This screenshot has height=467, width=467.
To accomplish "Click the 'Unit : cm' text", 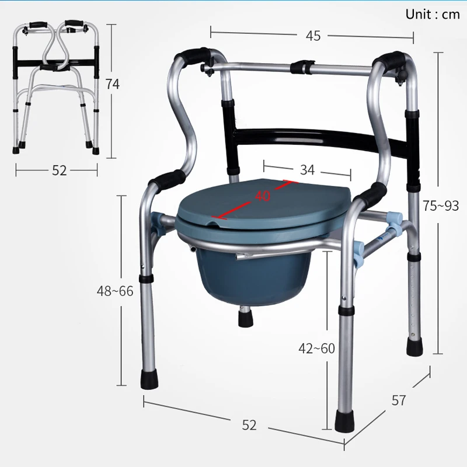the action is (433, 14).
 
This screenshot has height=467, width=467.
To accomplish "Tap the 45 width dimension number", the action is (313, 36).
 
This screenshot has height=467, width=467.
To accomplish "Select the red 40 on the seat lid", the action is (263, 196).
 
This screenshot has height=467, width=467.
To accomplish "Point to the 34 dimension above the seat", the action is (308, 170).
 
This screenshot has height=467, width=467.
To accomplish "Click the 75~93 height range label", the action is (441, 206).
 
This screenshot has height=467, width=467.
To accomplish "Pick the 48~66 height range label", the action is (115, 291).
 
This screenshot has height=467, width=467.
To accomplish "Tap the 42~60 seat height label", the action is (316, 348).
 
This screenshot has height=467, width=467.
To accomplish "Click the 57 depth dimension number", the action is (399, 400).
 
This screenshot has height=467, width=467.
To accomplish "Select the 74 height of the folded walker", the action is (112, 84).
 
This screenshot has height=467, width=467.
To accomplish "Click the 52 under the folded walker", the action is (60, 170).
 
